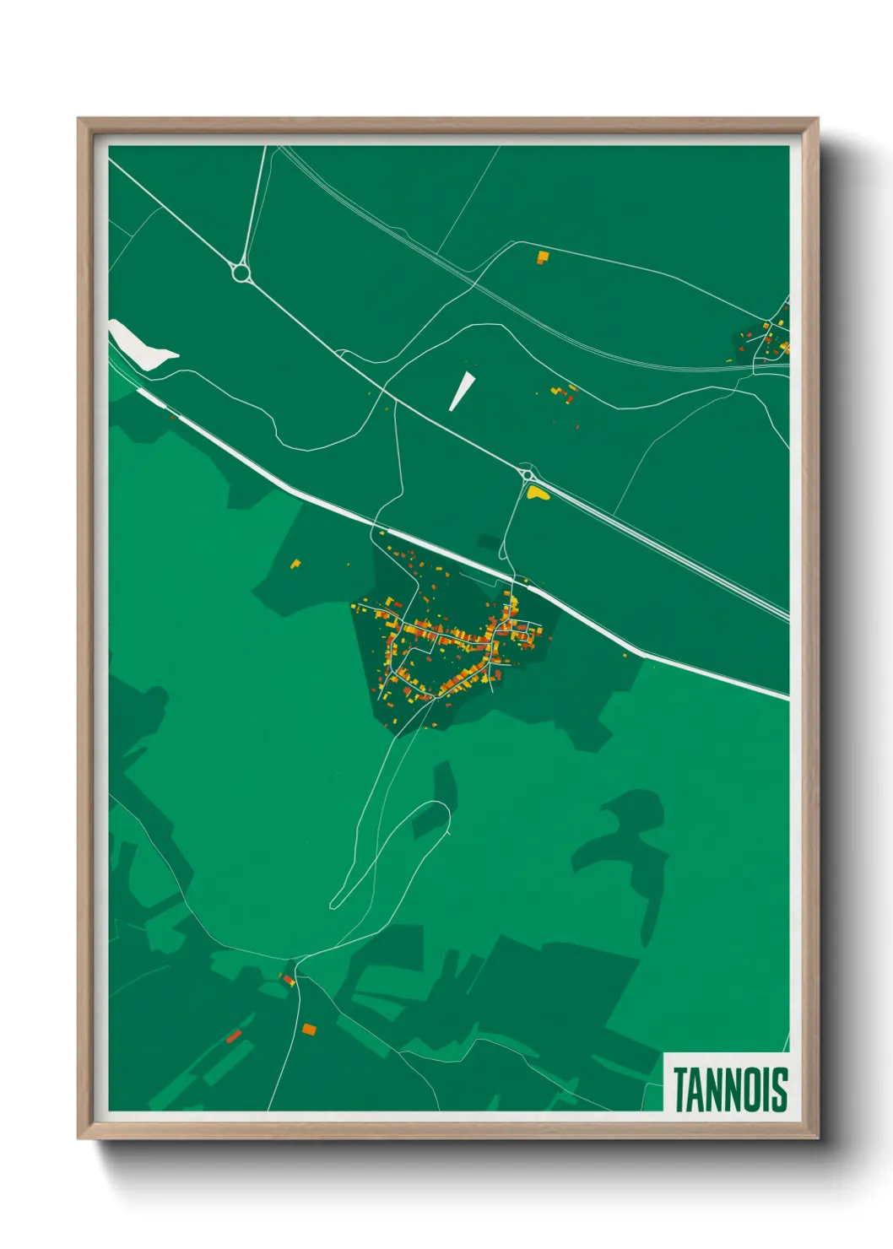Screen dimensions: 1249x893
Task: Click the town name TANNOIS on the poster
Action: click(730, 1089)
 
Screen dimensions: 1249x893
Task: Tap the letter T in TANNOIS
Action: click(680, 1089)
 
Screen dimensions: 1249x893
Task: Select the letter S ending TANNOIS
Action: click(780, 1089)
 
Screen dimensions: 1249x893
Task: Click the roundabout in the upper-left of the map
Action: click(241, 273)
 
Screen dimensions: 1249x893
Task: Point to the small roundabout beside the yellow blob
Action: click(528, 475)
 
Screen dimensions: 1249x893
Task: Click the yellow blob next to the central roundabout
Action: click(539, 493)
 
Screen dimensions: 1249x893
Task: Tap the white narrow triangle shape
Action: click(462, 391)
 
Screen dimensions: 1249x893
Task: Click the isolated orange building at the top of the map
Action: click(543, 257)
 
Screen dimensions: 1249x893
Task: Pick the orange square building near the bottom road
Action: click(310, 1029)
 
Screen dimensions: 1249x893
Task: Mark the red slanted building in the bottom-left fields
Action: click(234, 1035)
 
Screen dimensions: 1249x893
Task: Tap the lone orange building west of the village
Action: click(295, 564)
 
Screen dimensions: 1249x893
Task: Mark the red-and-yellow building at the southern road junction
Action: click(289, 979)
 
